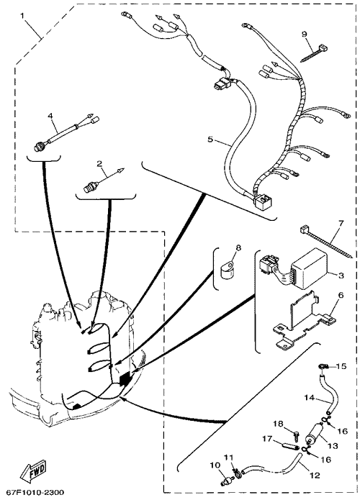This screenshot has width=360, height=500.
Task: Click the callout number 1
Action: (x=22, y=16)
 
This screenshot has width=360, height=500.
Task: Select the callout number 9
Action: (x=304, y=34)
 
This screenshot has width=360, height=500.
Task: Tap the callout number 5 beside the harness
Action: (x=210, y=140)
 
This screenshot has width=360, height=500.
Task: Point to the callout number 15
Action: (x=341, y=366)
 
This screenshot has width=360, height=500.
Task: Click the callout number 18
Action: (x=279, y=424)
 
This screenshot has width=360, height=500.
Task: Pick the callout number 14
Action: (x=310, y=398)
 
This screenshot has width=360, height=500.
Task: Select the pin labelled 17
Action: (x=289, y=444)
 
